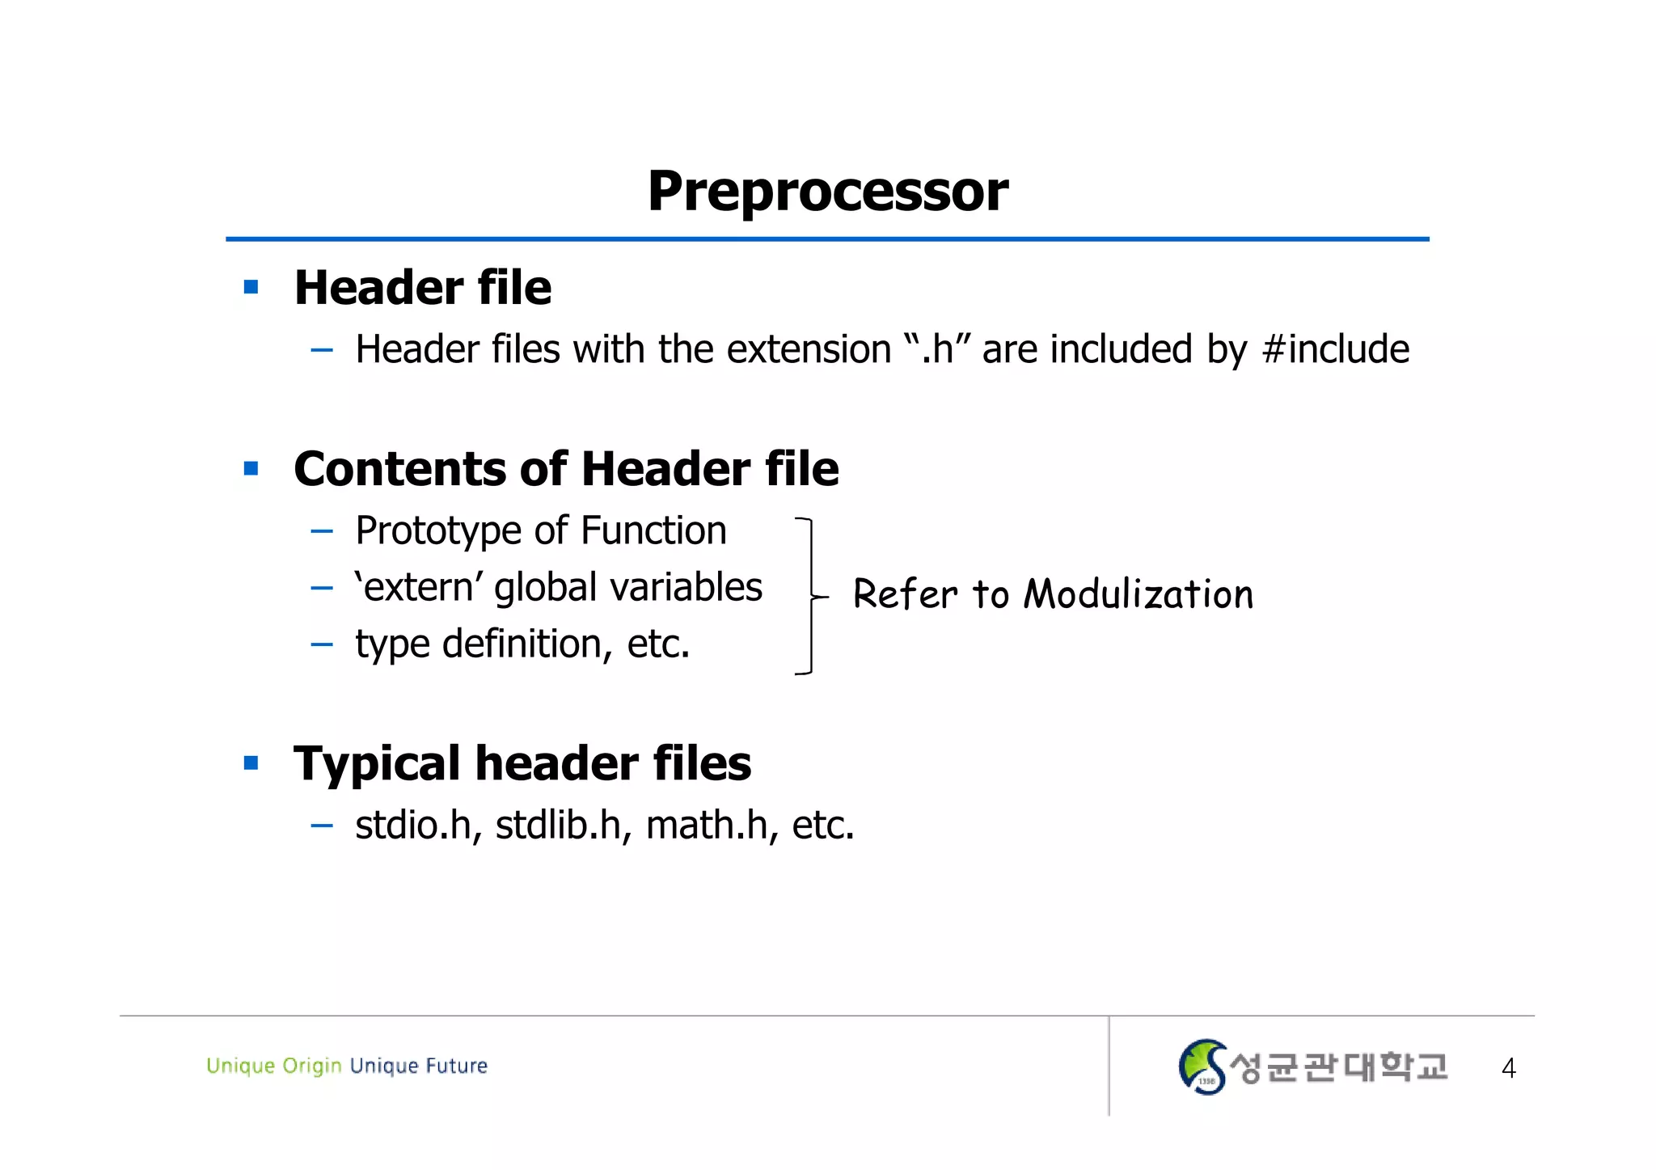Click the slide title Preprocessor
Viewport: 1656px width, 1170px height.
(x=827, y=192)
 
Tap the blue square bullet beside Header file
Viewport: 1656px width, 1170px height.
(x=251, y=287)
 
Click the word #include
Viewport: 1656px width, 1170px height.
(x=1335, y=349)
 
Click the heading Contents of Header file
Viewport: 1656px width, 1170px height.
(x=566, y=468)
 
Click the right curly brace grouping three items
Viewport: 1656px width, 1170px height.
(x=809, y=596)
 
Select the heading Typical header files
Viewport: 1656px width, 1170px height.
(x=522, y=763)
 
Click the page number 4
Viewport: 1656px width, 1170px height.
(x=1508, y=1068)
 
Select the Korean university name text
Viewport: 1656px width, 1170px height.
(x=1338, y=1067)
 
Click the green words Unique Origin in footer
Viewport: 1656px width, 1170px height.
(x=273, y=1066)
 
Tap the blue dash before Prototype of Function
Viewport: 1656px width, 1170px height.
(x=322, y=532)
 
